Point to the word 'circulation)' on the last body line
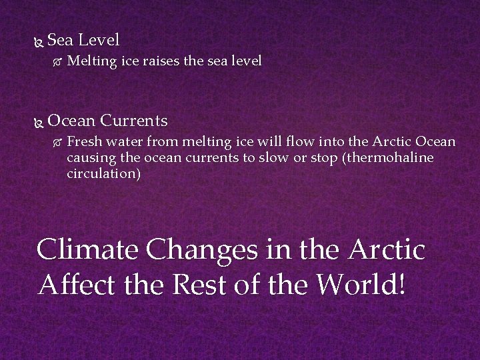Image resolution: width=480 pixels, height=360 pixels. click(103, 174)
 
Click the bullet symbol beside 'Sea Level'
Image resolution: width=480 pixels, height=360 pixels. click(37, 41)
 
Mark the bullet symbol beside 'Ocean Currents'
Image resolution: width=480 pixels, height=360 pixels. click(37, 122)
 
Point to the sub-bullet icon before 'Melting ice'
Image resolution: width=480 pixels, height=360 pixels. click(57, 62)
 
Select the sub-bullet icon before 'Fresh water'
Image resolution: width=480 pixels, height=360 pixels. click(57, 143)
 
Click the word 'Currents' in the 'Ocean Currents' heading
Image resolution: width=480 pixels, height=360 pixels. click(134, 121)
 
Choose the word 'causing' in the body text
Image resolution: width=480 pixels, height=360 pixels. click(89, 159)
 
